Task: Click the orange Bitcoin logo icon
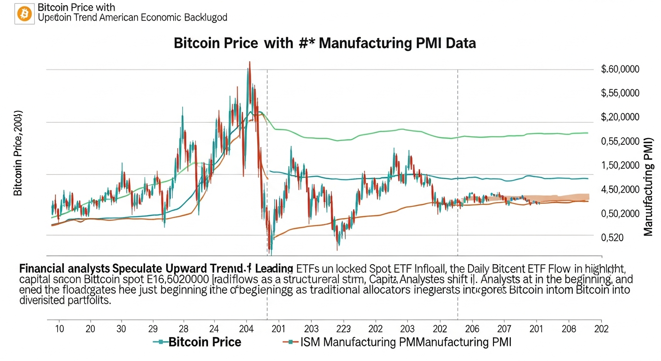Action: tap(23, 14)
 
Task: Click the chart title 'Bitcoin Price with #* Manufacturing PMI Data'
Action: tap(324, 43)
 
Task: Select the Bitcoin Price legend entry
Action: tap(204, 342)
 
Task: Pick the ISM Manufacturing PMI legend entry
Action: tap(405, 342)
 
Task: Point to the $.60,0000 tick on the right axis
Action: tap(620, 70)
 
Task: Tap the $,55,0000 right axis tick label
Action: tap(620, 93)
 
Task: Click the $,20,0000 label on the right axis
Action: tap(620, 117)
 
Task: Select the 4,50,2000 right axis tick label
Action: tap(620, 189)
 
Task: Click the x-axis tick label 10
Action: tap(60, 328)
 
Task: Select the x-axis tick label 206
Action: tap(472, 328)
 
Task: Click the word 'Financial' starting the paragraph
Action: tap(41, 269)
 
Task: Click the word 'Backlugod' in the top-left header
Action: tap(206, 18)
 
